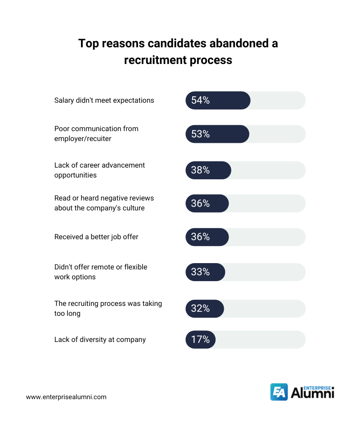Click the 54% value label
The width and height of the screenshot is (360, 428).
coord(200,100)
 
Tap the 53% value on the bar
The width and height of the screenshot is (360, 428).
coord(200,134)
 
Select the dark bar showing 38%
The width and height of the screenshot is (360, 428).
coord(208,170)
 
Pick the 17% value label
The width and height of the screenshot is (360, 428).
coord(200,340)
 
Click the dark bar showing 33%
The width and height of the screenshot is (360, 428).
coord(205,272)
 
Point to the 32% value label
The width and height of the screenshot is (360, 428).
coord(200,309)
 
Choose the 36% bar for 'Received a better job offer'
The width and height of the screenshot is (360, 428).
coord(207,237)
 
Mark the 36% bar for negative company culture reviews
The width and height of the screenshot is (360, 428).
coord(207,204)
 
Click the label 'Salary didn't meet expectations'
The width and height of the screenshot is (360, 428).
coord(104,100)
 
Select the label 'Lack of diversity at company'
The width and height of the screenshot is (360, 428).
coord(100,340)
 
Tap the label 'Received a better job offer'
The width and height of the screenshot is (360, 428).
coord(96,237)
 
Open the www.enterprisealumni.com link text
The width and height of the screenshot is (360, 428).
coord(66,397)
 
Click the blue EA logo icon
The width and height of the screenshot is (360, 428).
coord(279,392)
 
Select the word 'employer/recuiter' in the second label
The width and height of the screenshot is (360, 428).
coord(83,139)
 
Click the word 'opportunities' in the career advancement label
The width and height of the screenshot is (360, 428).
coord(76,175)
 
